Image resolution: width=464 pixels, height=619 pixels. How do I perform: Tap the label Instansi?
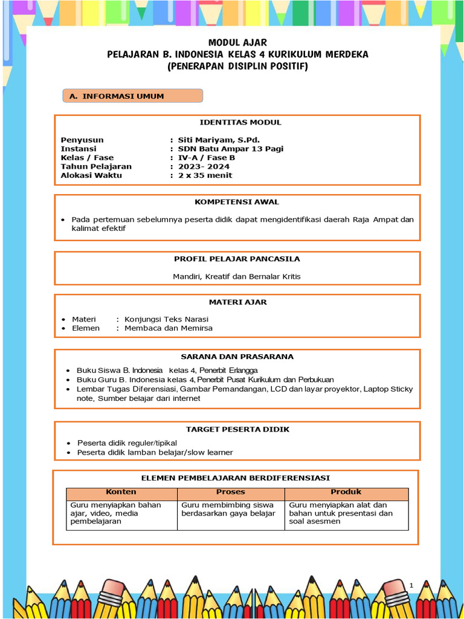[x=79, y=149]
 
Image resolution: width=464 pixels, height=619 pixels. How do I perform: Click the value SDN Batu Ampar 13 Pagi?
[x=231, y=149]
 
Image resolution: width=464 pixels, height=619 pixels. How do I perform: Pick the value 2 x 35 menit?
[x=205, y=175]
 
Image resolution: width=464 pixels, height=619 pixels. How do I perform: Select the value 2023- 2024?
[x=204, y=166]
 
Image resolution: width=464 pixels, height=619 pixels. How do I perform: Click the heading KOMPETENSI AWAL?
[x=237, y=202]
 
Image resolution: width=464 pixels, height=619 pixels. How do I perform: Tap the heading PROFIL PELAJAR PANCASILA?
[x=237, y=259]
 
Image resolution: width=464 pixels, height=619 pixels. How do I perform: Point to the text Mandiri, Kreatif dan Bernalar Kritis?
[x=237, y=276]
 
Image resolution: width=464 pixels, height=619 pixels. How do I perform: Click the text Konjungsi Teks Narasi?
[x=166, y=319]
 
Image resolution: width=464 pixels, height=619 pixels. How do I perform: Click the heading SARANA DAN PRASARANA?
[x=237, y=357]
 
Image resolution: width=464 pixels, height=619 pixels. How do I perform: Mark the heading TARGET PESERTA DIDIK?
[x=237, y=429]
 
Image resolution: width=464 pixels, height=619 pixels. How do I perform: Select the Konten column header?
[x=121, y=492]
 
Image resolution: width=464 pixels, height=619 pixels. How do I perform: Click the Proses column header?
[x=231, y=492]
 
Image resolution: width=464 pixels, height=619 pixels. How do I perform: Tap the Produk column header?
[x=346, y=492]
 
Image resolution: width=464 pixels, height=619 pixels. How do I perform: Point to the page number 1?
[x=411, y=585]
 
